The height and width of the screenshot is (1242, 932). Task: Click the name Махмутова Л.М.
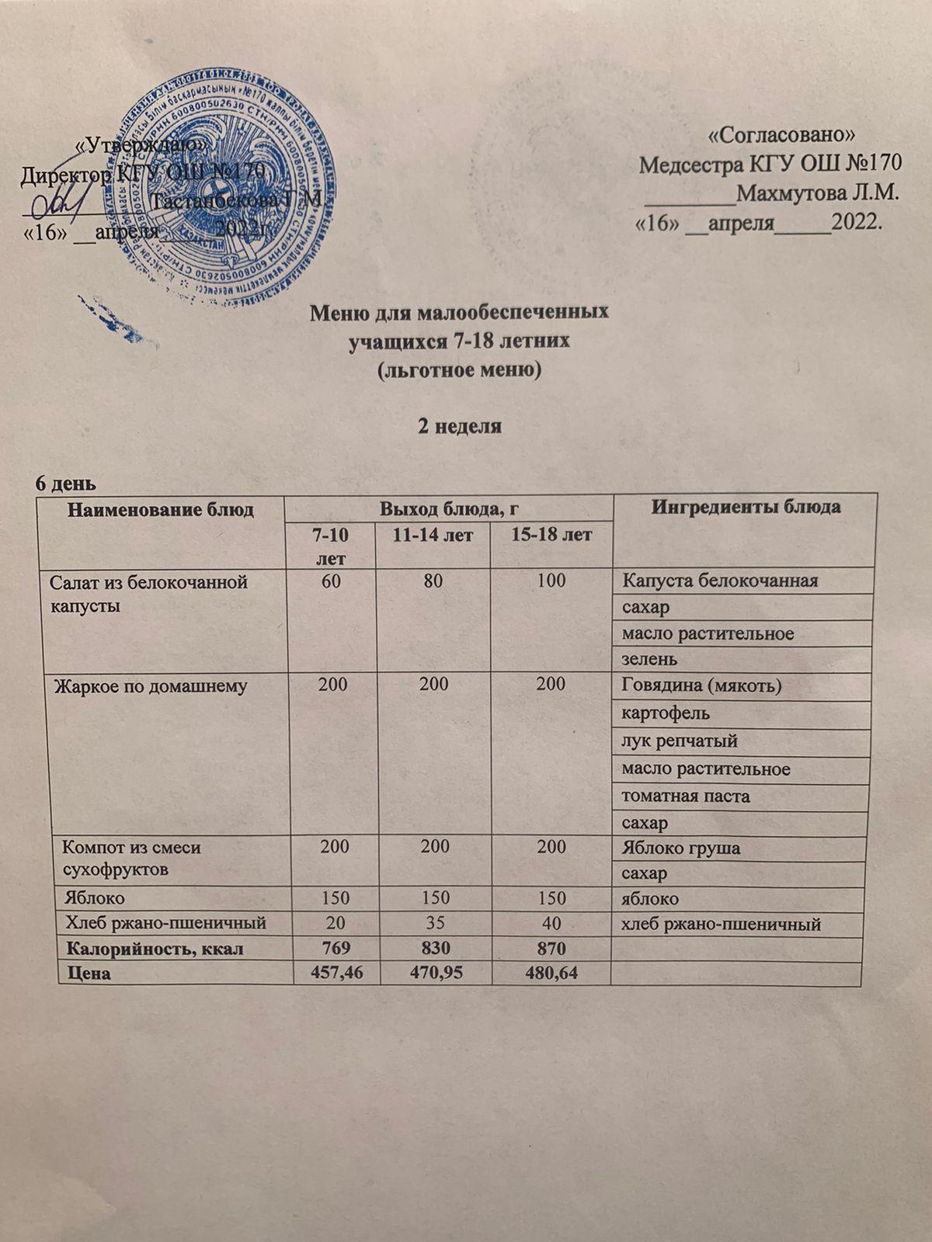(817, 192)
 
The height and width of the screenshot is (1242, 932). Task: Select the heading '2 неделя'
(460, 426)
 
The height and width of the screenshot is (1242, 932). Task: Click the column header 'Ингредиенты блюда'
(745, 508)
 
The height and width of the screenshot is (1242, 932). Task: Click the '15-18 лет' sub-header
(551, 535)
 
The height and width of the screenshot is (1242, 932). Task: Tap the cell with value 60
(332, 581)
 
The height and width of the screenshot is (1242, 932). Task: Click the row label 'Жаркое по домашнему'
(150, 686)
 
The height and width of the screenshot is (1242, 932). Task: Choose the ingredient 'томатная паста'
(686, 796)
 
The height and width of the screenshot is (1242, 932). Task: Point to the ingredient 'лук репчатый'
(680, 741)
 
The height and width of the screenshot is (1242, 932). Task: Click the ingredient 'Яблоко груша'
(681, 848)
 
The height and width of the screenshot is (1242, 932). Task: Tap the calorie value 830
(434, 948)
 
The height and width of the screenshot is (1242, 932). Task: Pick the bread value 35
(434, 924)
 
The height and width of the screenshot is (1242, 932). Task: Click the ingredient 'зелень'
(649, 659)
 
